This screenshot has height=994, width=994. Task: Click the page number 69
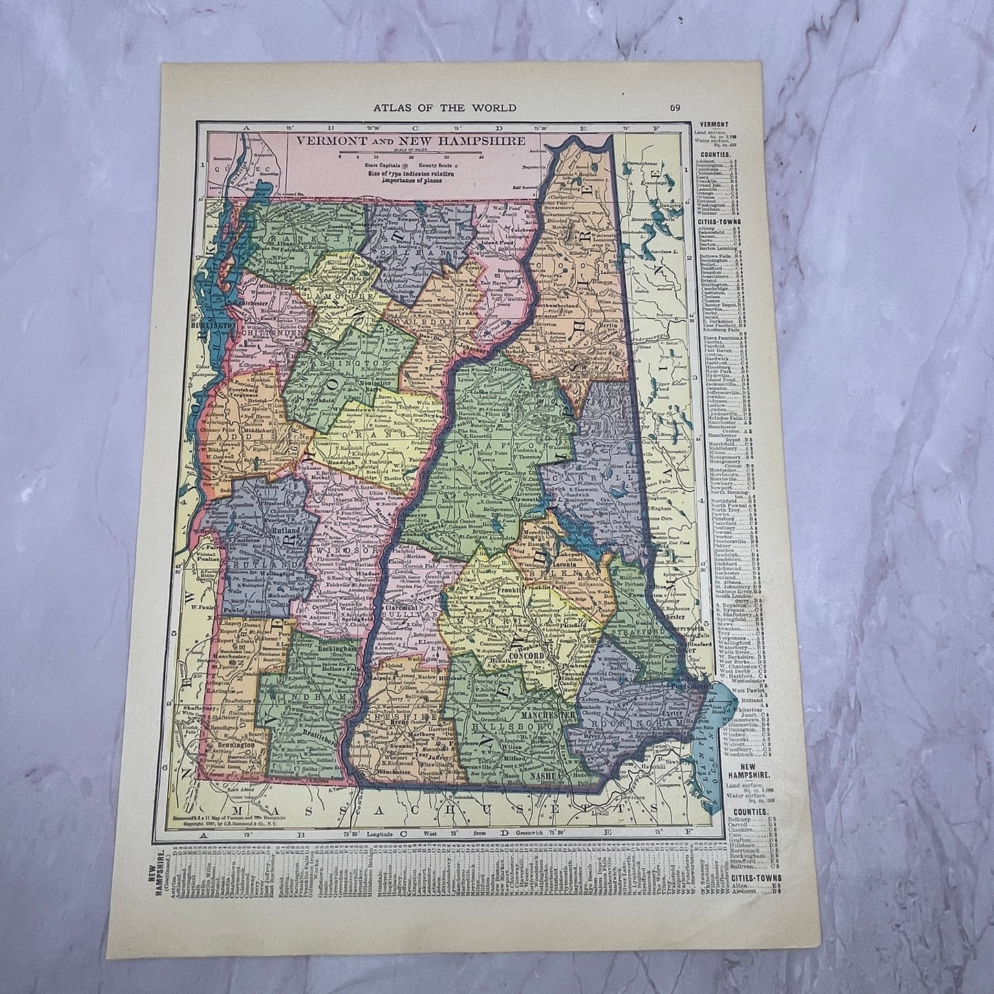[x=673, y=107]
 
